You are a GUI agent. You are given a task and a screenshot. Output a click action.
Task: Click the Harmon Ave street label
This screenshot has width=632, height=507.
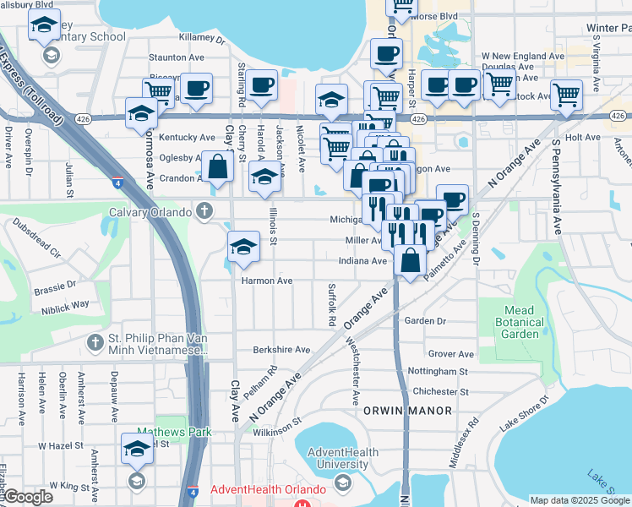tap(267, 281)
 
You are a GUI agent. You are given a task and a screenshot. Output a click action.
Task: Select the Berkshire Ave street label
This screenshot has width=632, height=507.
tap(281, 350)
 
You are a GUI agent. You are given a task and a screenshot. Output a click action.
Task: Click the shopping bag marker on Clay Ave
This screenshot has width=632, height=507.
tap(217, 168)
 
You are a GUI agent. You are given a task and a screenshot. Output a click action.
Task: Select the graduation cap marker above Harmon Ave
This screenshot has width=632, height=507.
tap(243, 247)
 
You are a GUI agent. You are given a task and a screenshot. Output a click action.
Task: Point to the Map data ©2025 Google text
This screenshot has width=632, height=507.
tap(580, 500)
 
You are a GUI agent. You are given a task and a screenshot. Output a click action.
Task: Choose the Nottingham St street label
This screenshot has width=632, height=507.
tap(437, 372)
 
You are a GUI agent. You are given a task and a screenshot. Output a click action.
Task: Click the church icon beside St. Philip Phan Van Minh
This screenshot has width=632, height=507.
tap(95, 344)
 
